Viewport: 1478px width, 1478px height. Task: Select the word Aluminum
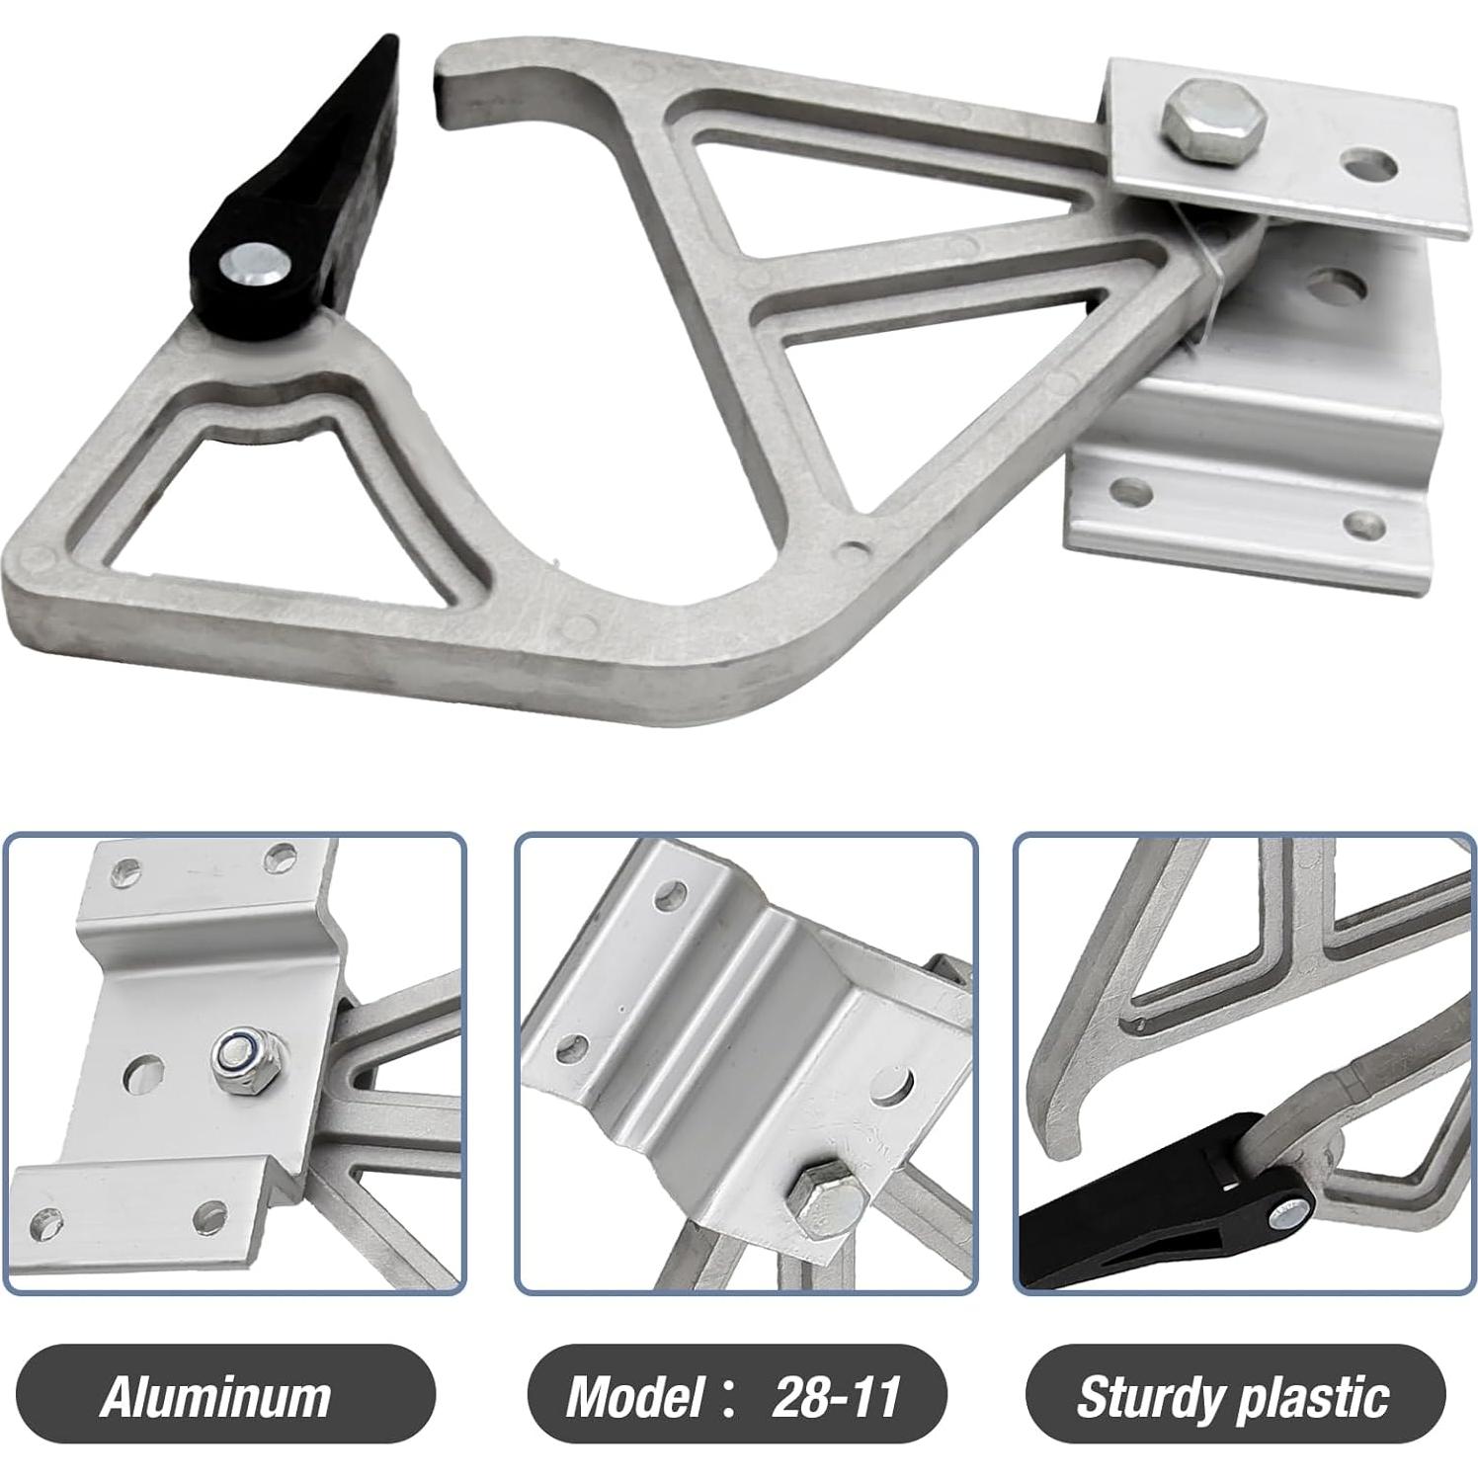point(215,1397)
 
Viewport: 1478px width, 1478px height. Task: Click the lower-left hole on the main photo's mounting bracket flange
point(1132,490)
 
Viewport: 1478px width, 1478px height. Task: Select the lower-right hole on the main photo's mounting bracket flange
point(1366,523)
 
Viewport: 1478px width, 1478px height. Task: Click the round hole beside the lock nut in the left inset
point(145,1068)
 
